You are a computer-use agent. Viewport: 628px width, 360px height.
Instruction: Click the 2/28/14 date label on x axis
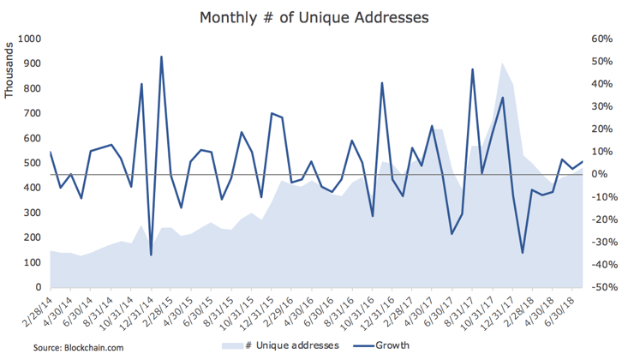pos(38,312)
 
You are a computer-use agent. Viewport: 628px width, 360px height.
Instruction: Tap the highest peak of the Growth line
pos(162,57)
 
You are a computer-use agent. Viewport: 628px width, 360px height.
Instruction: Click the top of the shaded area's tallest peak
pos(502,63)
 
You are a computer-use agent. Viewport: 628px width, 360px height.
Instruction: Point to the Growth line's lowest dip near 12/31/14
pos(152,255)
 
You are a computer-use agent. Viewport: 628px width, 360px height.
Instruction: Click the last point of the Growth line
pos(583,161)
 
